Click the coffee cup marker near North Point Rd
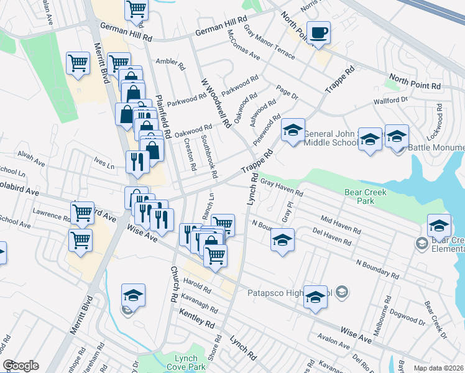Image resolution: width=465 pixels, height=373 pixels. pyautogui.click(x=318, y=33)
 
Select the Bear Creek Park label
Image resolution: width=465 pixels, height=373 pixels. pyautogui.click(x=366, y=196)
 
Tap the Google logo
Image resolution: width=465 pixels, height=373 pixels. pyautogui.click(x=21, y=366)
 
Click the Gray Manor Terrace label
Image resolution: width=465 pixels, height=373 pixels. pyautogui.click(x=269, y=42)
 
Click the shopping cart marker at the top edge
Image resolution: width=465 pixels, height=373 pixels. pyautogui.click(x=136, y=9)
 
